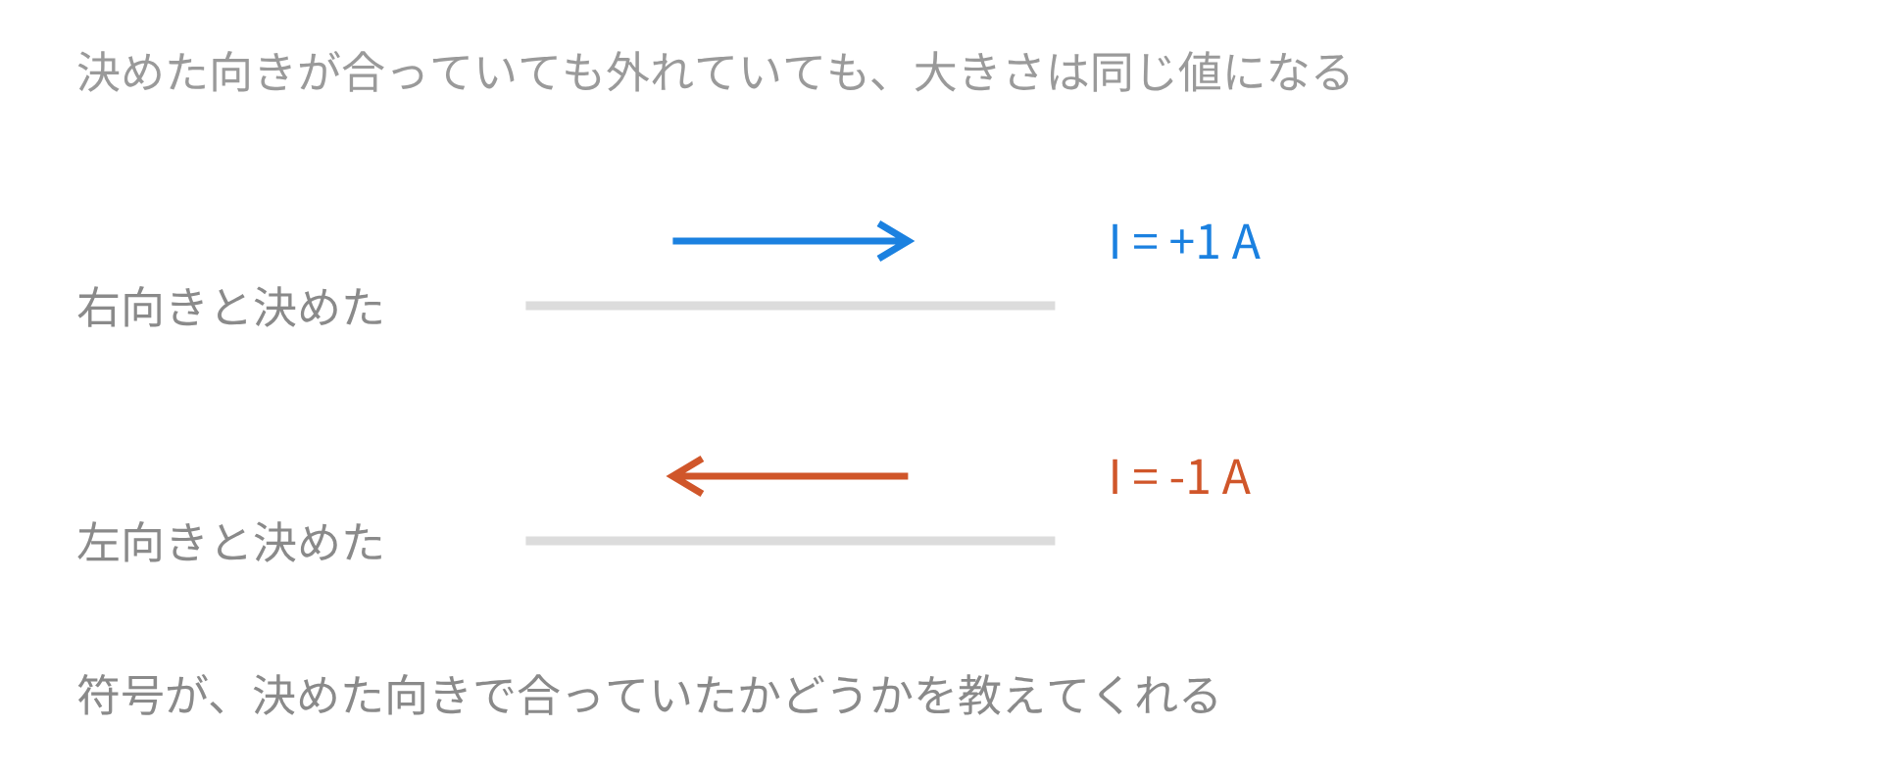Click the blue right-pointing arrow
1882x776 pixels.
tap(793, 241)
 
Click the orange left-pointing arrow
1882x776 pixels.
tap(787, 476)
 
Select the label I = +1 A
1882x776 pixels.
tap(1185, 242)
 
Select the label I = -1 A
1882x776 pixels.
tap(1180, 477)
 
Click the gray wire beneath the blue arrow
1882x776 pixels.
tap(790, 306)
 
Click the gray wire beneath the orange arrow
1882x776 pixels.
tap(790, 541)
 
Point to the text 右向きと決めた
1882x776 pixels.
tap(230, 307)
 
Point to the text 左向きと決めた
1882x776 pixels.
tap(230, 542)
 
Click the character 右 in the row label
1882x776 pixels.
tap(99, 307)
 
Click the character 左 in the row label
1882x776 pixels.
tap(99, 542)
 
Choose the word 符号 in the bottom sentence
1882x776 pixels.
tap(121, 695)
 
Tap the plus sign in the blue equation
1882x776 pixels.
tap(1181, 242)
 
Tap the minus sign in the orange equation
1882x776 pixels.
tap(1176, 479)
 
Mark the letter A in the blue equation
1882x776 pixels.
tap(1246, 242)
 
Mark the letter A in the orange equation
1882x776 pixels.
tap(1236, 477)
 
